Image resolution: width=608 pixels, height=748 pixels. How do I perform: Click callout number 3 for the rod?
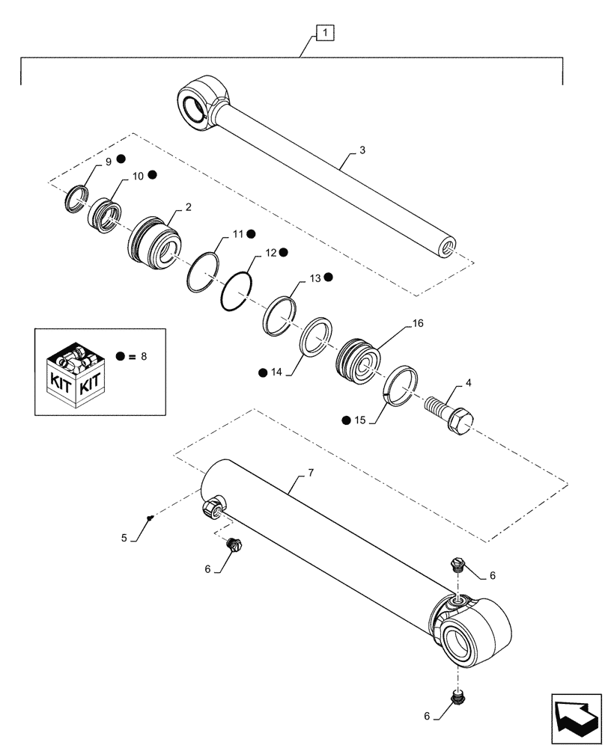(362, 150)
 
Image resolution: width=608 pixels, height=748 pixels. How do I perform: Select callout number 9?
(109, 162)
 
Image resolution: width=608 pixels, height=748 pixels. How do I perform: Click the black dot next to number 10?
(151, 175)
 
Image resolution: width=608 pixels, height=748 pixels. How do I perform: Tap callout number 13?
(314, 278)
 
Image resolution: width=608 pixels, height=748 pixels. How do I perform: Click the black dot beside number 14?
(263, 372)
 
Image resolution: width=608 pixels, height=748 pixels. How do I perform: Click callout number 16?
(417, 325)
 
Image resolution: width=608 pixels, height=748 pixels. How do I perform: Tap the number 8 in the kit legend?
(144, 357)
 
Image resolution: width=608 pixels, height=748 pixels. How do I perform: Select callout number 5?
(124, 537)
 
